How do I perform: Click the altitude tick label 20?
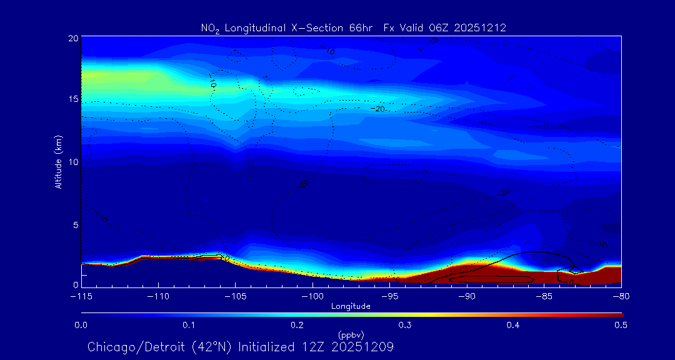pyautogui.click(x=73, y=38)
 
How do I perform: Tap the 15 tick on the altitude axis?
pyautogui.click(x=73, y=99)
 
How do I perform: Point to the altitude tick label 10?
pyautogui.click(x=73, y=162)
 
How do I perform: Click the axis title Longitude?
pyautogui.click(x=351, y=306)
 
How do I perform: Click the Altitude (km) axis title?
pyautogui.click(x=58, y=162)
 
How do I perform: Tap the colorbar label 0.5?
pyautogui.click(x=621, y=325)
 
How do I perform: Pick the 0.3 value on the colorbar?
pyautogui.click(x=405, y=325)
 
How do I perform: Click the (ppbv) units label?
pyautogui.click(x=351, y=335)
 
